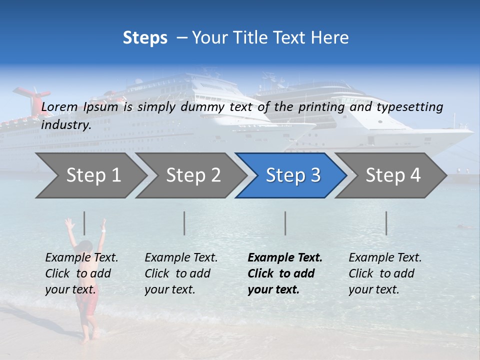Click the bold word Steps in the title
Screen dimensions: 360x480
145,38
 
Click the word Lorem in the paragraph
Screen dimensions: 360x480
60,107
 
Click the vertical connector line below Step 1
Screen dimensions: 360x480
84,223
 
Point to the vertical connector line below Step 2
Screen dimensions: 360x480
184,223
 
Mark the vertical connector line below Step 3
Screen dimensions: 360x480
285,223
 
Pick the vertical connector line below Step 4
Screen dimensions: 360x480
386,223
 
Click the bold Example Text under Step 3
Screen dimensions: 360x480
285,258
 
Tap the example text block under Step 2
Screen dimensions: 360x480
181,273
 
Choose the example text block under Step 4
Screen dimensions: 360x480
385,273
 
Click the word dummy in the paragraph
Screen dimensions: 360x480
206,107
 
